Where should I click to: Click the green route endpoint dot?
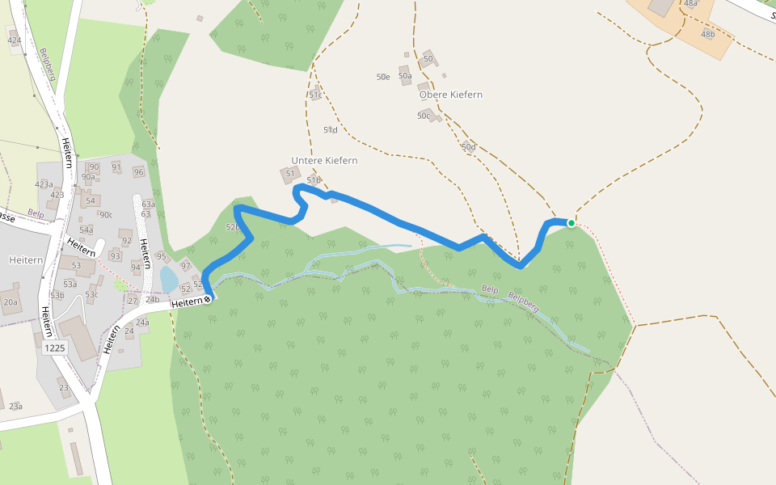tap(571, 223)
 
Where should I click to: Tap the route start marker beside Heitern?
tap(208, 300)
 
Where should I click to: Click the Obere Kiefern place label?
tap(450, 95)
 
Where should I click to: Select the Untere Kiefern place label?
tap(324, 161)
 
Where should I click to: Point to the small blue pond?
tap(169, 280)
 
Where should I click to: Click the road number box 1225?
tap(55, 348)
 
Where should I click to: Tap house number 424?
tap(14, 40)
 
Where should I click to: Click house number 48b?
tap(708, 35)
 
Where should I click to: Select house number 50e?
tap(383, 78)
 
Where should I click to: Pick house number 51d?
tap(330, 130)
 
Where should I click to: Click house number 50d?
tap(469, 147)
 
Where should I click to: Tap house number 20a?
tap(10, 302)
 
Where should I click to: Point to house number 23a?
tap(15, 407)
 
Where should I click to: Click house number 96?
tap(138, 172)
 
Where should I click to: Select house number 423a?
tap(44, 184)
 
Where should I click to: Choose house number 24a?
tap(142, 323)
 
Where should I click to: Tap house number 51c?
tap(315, 95)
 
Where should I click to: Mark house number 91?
tap(116, 168)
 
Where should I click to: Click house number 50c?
tap(424, 116)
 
